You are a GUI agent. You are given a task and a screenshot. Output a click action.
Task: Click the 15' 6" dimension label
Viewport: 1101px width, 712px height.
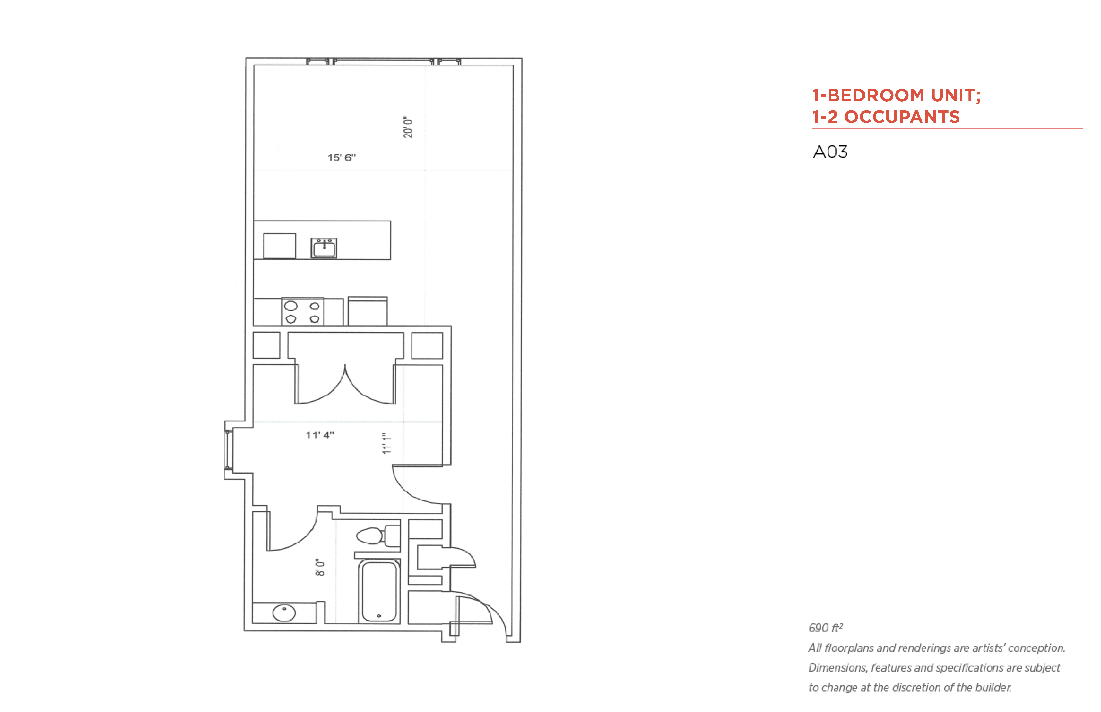[342, 158]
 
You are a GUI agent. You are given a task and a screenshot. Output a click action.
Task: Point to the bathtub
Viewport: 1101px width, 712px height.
[379, 591]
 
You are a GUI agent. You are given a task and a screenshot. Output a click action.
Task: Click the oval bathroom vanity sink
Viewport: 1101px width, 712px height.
[284, 613]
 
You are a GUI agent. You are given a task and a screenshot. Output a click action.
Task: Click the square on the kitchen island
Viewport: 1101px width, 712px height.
[279, 246]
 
